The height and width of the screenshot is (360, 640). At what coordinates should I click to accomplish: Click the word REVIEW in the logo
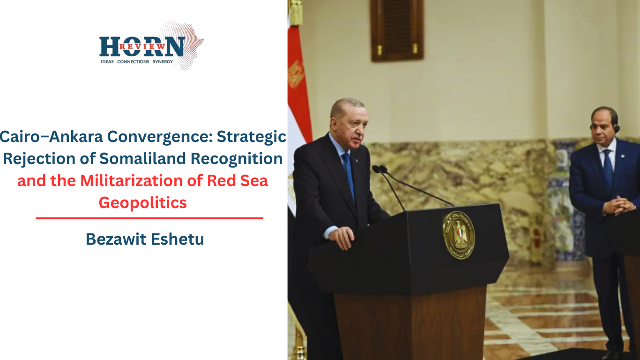[142, 46]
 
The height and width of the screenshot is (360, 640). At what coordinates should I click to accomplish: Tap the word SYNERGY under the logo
[163, 61]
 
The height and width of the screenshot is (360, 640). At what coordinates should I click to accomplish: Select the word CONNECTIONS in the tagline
[133, 61]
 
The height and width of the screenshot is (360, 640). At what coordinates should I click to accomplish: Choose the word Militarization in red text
[132, 181]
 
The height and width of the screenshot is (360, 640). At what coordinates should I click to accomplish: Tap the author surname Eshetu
[178, 239]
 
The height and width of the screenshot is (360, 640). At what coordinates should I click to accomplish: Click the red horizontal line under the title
[149, 218]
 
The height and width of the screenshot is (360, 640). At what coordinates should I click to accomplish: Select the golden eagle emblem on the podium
[459, 235]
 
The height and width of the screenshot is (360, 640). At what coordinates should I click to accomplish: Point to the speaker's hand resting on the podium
[341, 237]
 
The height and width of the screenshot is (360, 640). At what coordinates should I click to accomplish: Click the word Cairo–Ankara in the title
[52, 136]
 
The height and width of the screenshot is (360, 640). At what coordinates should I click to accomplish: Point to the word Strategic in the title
[252, 137]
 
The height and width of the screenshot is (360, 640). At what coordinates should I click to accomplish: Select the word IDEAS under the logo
[107, 61]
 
